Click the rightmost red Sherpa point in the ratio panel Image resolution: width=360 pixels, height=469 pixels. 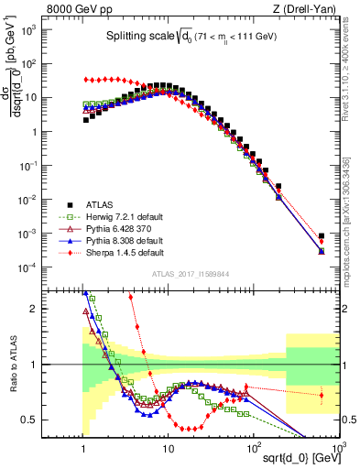[x=321, y=396]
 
